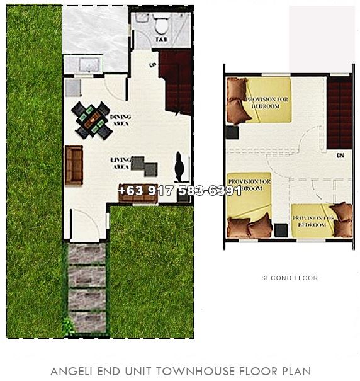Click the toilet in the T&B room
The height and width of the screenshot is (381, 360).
pos(162,25)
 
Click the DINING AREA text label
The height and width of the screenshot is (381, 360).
pos(119,120)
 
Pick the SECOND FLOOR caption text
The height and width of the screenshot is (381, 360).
pos(289,278)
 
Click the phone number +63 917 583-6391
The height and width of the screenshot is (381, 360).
pos(180,190)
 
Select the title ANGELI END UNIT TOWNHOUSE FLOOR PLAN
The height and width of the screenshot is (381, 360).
pos(180,371)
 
